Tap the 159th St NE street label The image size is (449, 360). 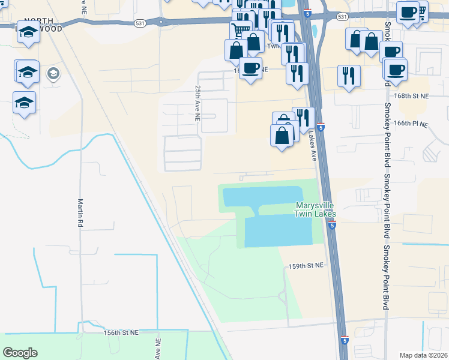[x=306, y=265]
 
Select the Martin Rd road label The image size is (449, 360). [x=80, y=212]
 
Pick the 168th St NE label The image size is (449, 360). [x=412, y=96]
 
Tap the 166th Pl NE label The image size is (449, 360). [x=411, y=124]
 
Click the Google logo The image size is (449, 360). [x=20, y=353]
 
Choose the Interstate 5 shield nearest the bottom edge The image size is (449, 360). [x=343, y=340]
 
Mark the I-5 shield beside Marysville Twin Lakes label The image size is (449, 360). [x=332, y=226]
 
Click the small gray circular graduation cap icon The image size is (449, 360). [x=54, y=74]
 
